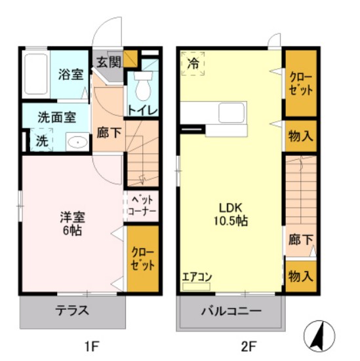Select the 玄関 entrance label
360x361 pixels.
[x=108, y=63]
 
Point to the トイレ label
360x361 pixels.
[x=142, y=110]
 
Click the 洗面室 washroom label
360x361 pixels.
[x=56, y=118]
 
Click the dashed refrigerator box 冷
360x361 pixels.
[x=193, y=64]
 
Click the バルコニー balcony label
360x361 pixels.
[x=231, y=311]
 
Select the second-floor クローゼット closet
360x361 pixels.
[x=300, y=83]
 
